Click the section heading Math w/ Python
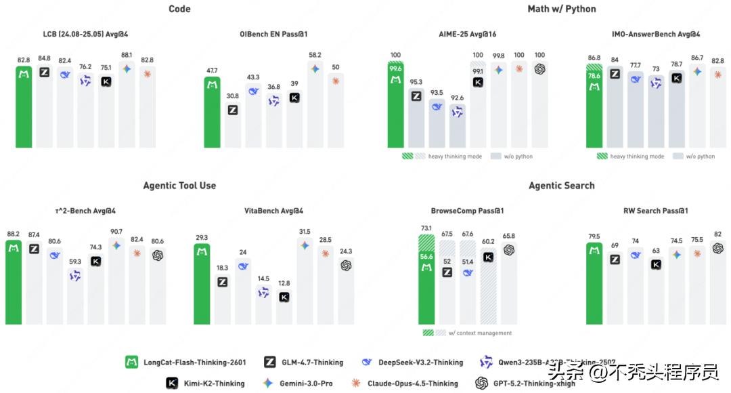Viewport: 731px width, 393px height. (561, 9)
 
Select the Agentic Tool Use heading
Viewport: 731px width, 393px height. (179, 185)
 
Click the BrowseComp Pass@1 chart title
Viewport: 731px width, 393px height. (467, 211)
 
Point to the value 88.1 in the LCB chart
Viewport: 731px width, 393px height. (127, 56)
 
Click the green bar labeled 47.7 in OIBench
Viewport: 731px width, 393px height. (212, 112)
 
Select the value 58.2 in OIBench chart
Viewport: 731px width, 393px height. (315, 56)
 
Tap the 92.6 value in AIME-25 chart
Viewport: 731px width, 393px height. (457, 98)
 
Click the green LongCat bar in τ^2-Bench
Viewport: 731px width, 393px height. (14, 281)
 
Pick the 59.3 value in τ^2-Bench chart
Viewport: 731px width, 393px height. (75, 262)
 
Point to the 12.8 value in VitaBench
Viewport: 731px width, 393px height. (284, 283)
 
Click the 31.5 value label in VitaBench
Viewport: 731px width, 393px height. (305, 232)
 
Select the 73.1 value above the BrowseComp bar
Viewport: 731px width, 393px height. (426, 228)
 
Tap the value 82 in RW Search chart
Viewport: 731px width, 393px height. (717, 234)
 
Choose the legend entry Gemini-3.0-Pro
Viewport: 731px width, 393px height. (306, 383)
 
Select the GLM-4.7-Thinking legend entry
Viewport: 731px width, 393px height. (312, 362)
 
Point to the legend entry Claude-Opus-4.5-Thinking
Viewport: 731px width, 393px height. (412, 383)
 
